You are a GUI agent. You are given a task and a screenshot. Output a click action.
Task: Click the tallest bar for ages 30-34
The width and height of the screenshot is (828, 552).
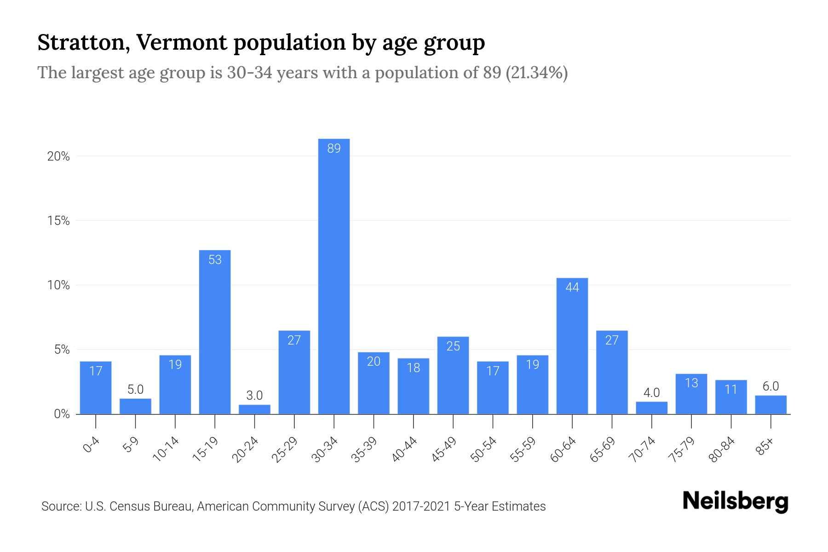click(334, 276)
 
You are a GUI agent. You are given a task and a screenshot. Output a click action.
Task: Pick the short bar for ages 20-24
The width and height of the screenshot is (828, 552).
click(254, 409)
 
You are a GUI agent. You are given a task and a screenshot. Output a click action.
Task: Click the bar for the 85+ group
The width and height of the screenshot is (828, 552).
click(770, 405)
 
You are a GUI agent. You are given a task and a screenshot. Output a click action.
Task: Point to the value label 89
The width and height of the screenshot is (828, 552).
click(334, 149)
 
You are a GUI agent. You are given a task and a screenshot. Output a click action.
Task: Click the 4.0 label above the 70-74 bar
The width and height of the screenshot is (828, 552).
click(651, 393)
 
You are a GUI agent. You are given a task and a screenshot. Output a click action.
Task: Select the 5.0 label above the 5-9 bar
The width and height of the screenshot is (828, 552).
click(135, 390)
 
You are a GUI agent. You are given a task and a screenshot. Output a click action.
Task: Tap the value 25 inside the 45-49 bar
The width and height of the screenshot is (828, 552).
click(453, 346)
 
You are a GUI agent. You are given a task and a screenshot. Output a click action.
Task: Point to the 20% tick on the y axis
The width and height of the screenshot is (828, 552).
click(58, 156)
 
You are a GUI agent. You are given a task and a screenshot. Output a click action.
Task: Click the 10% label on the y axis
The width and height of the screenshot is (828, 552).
click(58, 285)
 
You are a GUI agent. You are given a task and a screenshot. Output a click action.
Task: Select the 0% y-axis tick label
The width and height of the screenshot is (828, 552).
click(62, 414)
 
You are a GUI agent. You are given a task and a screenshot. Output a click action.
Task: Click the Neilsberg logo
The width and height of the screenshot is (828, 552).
click(735, 501)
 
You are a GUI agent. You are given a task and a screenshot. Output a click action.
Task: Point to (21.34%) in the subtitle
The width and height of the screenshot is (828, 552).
click(536, 73)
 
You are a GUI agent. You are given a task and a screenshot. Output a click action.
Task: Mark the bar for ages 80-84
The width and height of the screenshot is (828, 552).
click(731, 397)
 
